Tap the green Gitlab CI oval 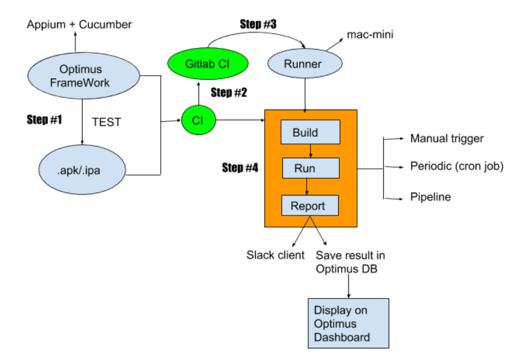pyautogui.click(x=208, y=64)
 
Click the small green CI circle pyautogui.click(x=198, y=120)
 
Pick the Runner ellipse pyautogui.click(x=304, y=64)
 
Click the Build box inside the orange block pyautogui.click(x=310, y=132)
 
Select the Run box pyautogui.click(x=310, y=168)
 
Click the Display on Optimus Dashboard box pyautogui.click(x=349, y=323)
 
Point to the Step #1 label pyautogui.click(x=44, y=119)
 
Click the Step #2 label pyautogui.click(x=229, y=93)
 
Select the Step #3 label pyautogui.click(x=258, y=23)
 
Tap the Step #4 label pyautogui.click(x=240, y=168)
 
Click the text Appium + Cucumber pyautogui.click(x=79, y=24)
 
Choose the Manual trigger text pyautogui.click(x=446, y=139)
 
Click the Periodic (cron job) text pyautogui.click(x=457, y=166)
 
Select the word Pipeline pyautogui.click(x=430, y=197)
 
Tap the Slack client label pyautogui.click(x=276, y=255)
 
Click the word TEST pyautogui.click(x=106, y=122)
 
